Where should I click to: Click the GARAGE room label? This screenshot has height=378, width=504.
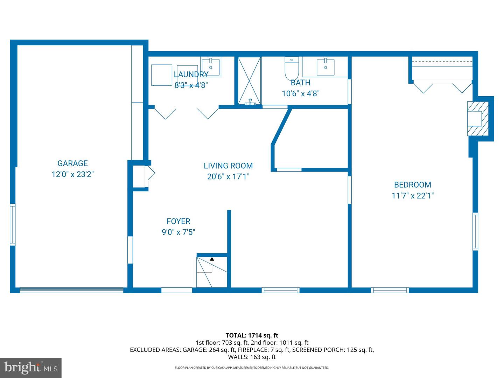point(72,163)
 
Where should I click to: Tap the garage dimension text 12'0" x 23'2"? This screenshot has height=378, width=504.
point(72,174)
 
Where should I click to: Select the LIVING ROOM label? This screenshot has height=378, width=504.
point(228,166)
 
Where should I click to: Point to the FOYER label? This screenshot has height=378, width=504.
point(178,222)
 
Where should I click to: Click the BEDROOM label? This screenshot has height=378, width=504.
point(412,185)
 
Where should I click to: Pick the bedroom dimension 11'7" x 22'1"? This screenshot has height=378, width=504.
point(412,196)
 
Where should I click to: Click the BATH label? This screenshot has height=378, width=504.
point(300,83)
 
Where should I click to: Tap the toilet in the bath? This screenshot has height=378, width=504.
point(292,69)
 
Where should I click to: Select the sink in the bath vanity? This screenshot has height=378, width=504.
point(325,67)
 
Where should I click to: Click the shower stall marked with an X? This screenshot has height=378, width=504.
point(250,80)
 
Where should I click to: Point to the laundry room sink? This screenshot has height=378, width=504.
point(211,67)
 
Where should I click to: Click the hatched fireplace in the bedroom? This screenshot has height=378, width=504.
point(478,118)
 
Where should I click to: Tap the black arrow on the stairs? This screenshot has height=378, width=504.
point(212,259)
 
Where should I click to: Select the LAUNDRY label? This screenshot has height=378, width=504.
point(191,75)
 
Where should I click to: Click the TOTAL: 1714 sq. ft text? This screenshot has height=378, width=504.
point(252,335)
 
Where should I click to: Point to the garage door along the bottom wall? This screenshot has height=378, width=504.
point(71,290)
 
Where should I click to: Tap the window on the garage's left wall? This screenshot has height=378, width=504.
point(13,224)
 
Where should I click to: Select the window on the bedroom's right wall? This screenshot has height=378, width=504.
point(475,231)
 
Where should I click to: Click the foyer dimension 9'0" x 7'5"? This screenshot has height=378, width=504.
point(178,232)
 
